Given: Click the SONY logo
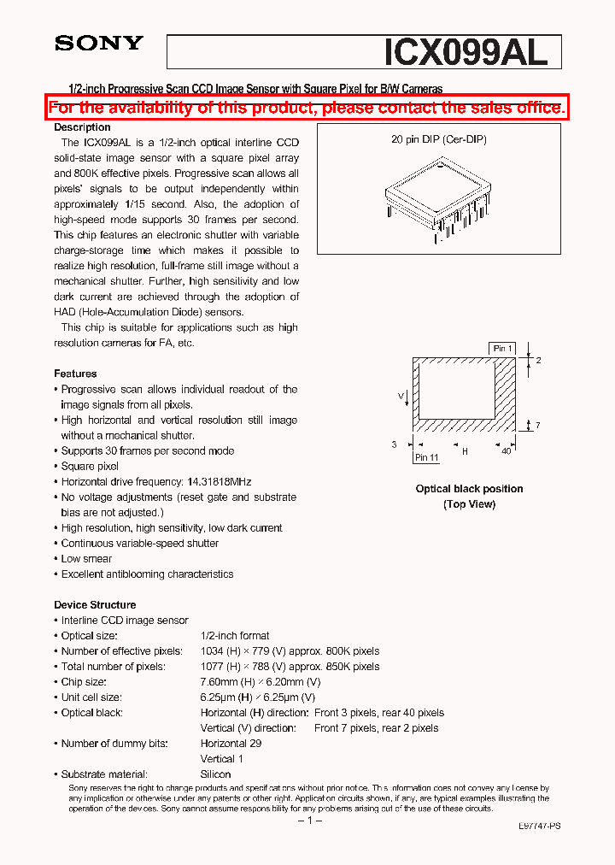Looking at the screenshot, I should coord(99,44).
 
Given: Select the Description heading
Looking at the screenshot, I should coord(82,127).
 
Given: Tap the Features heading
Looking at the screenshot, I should coord(75,374).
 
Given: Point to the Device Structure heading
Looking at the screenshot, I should coord(95,604).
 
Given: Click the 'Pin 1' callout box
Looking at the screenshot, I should coord(502,348).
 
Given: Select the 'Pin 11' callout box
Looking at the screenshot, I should coord(426,457).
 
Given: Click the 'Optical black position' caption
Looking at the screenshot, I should coord(469,489).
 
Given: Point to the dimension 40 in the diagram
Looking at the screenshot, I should coord(506,450).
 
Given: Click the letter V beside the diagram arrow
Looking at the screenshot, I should coord(401,397).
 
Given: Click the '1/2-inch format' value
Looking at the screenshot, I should coord(235,636).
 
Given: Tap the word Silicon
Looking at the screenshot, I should coord(215,774).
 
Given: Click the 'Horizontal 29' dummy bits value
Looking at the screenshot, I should coord(231,744).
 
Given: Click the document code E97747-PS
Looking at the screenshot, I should coord(540,827).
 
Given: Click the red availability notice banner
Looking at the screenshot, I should coord(307,108).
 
